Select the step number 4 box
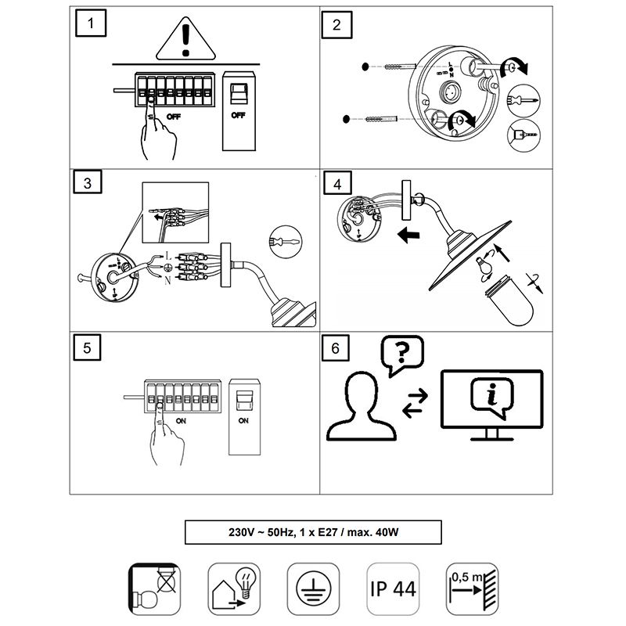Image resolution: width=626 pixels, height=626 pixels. (x=337, y=185)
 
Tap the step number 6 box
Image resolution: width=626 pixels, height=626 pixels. (x=336, y=348)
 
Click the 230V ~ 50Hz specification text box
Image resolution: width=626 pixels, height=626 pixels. (x=312, y=533)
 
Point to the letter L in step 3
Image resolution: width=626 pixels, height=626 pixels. (x=167, y=255)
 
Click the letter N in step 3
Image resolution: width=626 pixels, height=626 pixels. (x=167, y=280)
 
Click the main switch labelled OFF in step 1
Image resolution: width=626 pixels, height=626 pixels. (x=239, y=110)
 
